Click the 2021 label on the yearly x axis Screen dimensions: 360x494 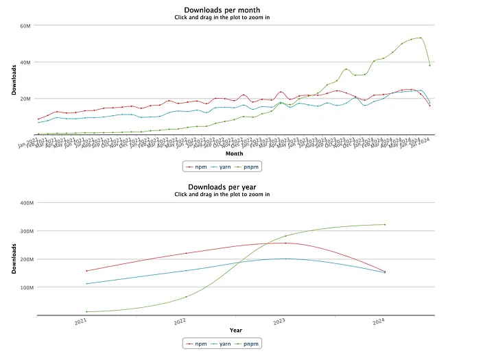(x=81, y=320)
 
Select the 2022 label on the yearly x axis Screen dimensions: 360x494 (x=180, y=320)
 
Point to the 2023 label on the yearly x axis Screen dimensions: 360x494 (x=279, y=320)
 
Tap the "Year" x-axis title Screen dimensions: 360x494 (x=235, y=331)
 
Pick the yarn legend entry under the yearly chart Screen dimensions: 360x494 (x=222, y=343)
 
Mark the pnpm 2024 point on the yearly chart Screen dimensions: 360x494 (x=385, y=224)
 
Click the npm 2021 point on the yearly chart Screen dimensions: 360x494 (x=86, y=271)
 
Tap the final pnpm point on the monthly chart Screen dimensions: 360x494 (x=430, y=65)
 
